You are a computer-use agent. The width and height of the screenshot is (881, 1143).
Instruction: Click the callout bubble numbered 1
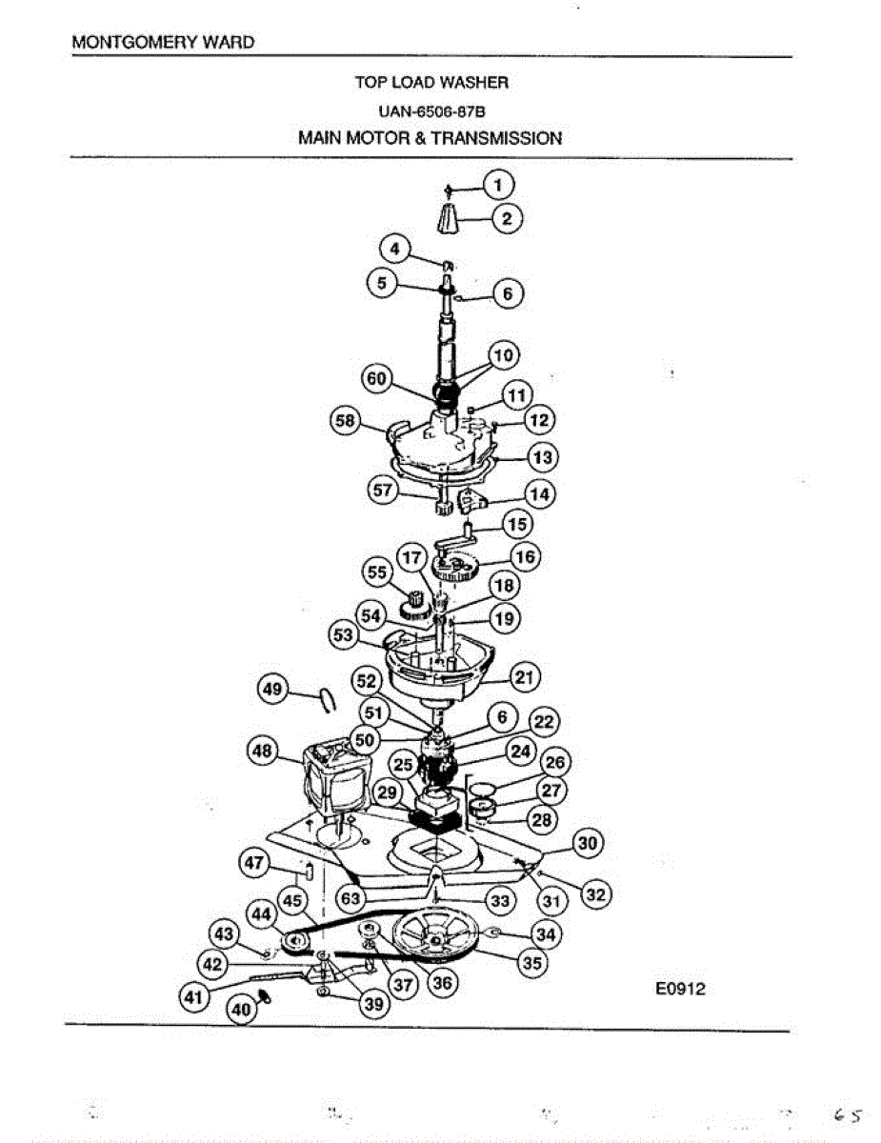[x=501, y=184]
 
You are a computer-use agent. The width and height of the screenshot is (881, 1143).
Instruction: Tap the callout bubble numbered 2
[x=507, y=219]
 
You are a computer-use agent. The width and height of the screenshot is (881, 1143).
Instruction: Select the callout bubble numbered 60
[x=377, y=379]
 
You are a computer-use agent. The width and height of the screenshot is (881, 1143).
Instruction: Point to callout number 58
[x=344, y=420]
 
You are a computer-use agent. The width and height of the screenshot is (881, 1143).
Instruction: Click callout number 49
[x=275, y=690]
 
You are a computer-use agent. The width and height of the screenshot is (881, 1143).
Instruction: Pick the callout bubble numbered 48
[x=261, y=752]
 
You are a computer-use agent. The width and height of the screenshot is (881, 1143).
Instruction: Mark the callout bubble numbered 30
[x=588, y=843]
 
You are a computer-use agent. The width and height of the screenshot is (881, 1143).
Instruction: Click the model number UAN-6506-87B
[x=430, y=110]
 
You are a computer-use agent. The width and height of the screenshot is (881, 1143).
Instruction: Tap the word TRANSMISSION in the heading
[x=496, y=138]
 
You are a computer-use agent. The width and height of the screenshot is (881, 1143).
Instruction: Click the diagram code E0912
[x=680, y=990]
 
